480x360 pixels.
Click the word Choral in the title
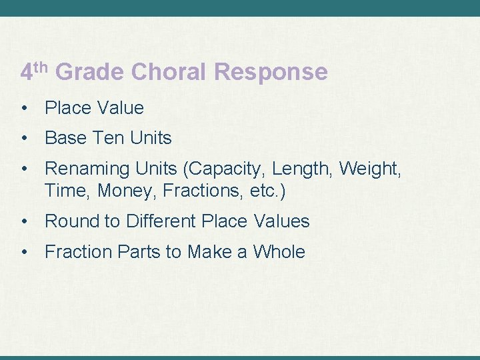pyautogui.click(x=173, y=72)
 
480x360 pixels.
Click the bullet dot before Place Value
pyautogui.click(x=25, y=108)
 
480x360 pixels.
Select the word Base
pyautogui.click(x=65, y=139)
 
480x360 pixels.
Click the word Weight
pyautogui.click(x=370, y=169)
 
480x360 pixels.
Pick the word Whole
pyautogui.click(x=279, y=252)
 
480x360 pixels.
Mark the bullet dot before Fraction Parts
pyautogui.click(x=25, y=252)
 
